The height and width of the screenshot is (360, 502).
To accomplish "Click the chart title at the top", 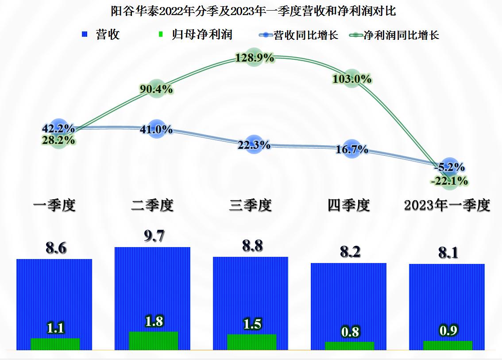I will (251, 11).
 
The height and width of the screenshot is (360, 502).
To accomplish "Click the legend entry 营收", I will (108, 35).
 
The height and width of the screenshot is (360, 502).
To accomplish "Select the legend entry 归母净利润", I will (202, 35).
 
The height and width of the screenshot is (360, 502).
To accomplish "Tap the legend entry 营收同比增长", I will (306, 35).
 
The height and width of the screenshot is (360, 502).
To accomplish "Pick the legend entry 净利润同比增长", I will (401, 35).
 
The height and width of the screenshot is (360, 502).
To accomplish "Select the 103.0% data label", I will (351, 79).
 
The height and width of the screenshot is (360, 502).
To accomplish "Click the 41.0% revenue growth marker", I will (156, 129).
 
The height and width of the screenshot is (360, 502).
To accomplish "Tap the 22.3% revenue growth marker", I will (254, 145).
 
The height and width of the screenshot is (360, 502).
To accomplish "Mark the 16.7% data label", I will (351, 150).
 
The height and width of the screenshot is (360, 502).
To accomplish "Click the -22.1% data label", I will (450, 180).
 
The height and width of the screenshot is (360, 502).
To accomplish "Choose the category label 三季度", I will (251, 205).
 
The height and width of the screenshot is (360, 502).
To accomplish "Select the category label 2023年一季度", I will (447, 205).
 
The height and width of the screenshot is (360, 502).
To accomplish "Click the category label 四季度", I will (349, 205).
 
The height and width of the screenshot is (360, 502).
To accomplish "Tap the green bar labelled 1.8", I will (153, 341).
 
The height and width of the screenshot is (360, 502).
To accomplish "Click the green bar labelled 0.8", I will (349, 346).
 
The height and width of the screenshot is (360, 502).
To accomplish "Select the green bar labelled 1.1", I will (55, 344).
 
